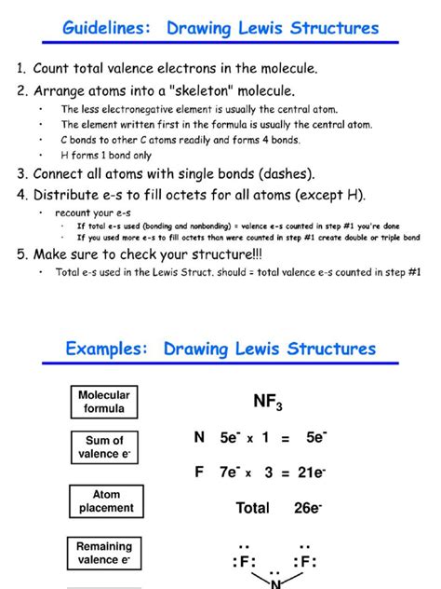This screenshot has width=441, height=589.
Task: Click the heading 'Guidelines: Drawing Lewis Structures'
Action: tap(220, 28)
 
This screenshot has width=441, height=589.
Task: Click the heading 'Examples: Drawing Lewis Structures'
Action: tap(220, 349)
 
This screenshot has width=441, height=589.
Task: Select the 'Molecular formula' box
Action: tap(104, 402)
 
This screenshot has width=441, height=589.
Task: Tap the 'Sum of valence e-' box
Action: tap(104, 446)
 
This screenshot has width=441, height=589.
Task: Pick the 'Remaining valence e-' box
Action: tap(104, 553)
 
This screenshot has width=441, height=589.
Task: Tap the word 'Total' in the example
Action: tap(253, 508)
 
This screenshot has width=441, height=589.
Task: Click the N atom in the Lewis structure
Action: tap(274, 583)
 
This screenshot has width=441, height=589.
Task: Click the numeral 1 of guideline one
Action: tap(20, 68)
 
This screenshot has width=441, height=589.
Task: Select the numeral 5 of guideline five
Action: tap(20, 253)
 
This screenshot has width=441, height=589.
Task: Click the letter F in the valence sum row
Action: tap(199, 473)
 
